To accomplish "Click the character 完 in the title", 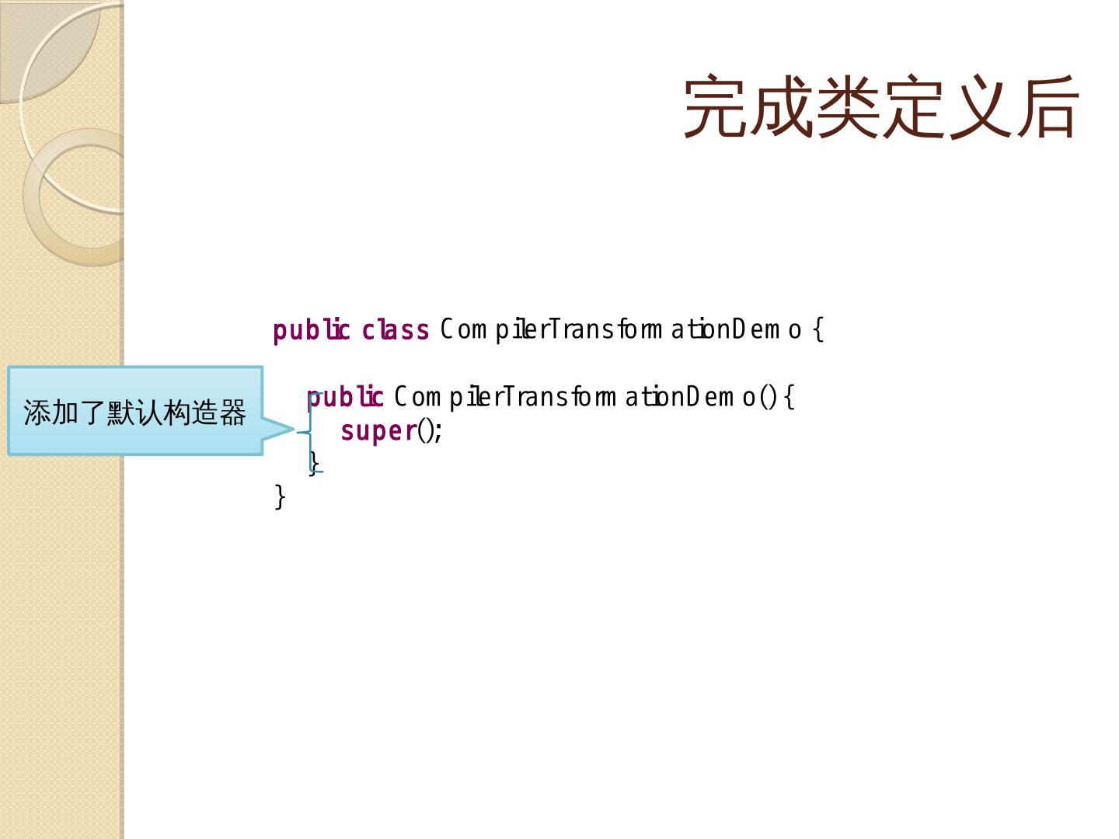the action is (x=716, y=106).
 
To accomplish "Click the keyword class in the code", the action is (x=396, y=330).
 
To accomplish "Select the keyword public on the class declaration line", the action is (x=311, y=330).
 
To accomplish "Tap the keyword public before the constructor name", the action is (x=345, y=397).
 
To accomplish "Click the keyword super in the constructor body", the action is (x=378, y=430).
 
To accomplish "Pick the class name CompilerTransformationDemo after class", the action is (x=620, y=329).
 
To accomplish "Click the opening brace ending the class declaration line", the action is (x=817, y=330).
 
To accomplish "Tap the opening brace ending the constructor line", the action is (x=789, y=397).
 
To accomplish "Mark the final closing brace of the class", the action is (x=280, y=496).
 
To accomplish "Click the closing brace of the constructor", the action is (x=313, y=463).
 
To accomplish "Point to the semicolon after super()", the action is (x=439, y=431).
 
